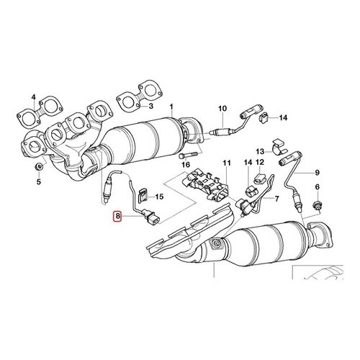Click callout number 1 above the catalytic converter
point(171,106)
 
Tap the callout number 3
point(150,106)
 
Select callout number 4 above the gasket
point(33,97)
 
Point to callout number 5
point(39,181)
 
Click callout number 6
point(318,186)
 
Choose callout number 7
point(277,199)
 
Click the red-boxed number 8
point(117,216)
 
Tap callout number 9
point(317,172)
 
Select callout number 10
point(222,109)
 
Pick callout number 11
point(226,163)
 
